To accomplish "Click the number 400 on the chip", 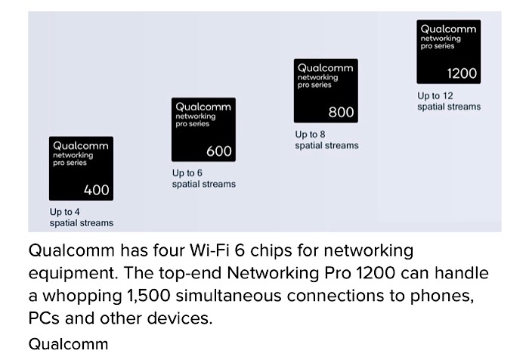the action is (x=97, y=190).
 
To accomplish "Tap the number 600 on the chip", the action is (x=219, y=151).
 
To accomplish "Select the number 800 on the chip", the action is (x=341, y=112).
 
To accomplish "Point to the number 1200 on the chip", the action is (x=462, y=73).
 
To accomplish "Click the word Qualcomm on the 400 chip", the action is (x=81, y=146).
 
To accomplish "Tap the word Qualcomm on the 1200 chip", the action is (x=448, y=29).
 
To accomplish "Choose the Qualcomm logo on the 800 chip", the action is (x=325, y=68).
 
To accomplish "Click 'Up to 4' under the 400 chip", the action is (x=64, y=212).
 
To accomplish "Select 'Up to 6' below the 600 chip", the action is (x=187, y=173).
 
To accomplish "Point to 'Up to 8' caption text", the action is (x=310, y=135).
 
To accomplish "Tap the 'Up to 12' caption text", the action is (x=435, y=96).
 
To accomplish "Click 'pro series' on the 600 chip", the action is (x=192, y=124).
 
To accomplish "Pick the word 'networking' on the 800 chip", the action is (x=317, y=77).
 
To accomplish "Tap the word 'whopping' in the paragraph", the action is (x=82, y=296).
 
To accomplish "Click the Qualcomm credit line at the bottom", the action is (x=68, y=344).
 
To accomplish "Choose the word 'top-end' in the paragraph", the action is (x=190, y=274).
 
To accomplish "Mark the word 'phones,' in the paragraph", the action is (x=442, y=296).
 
